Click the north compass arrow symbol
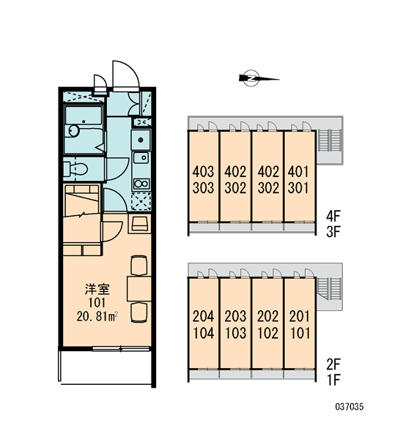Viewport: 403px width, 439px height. coord(259,78)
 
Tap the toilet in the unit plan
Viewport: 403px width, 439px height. coord(75,169)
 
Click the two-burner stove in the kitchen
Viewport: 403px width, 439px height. coord(141,184)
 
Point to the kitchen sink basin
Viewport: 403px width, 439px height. coord(141,157)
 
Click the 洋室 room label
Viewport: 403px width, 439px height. coord(97,289)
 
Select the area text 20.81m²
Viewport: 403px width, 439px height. coord(97,317)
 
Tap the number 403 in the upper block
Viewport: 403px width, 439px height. coord(203,171)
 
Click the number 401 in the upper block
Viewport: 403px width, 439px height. coord(298,171)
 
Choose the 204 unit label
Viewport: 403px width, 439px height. coord(203,316)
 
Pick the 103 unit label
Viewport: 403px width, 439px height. coord(235,333)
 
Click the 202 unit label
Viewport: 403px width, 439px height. coord(268,316)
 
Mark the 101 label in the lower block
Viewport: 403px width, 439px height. coord(300,333)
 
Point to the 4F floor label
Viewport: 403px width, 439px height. coord(333,216)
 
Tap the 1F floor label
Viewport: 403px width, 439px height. coord(333,380)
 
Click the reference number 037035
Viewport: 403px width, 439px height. coord(350,407)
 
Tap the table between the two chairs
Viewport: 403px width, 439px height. coord(139,289)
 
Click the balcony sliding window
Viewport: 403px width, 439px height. coord(121,348)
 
